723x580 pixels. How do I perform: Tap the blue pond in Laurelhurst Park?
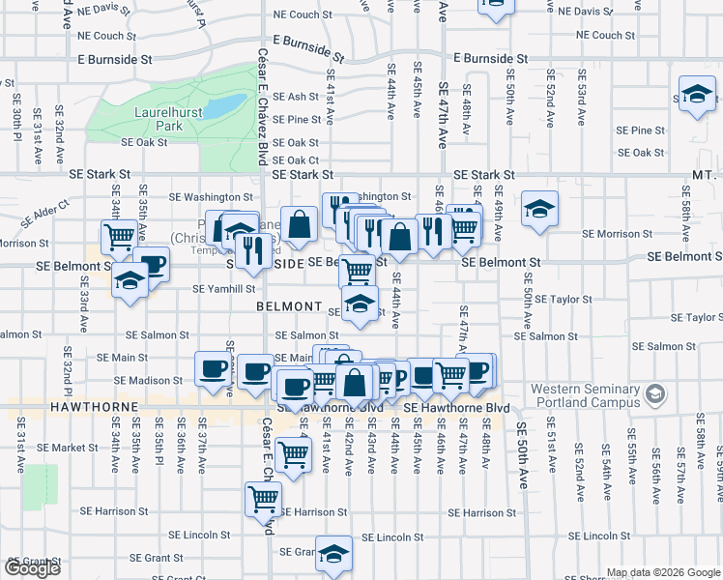pos(223,103)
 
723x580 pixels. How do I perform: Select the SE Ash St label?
pos(296,97)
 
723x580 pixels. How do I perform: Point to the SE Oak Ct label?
pos(296,160)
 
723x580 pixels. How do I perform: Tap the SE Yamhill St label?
pos(223,288)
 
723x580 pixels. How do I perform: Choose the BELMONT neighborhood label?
pos(288,306)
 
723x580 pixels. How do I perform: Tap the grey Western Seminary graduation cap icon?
pos(656,395)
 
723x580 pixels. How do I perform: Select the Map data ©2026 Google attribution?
pos(663,572)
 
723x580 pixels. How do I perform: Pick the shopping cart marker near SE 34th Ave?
pos(119,236)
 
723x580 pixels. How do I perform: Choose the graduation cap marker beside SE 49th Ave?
pos(539,209)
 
